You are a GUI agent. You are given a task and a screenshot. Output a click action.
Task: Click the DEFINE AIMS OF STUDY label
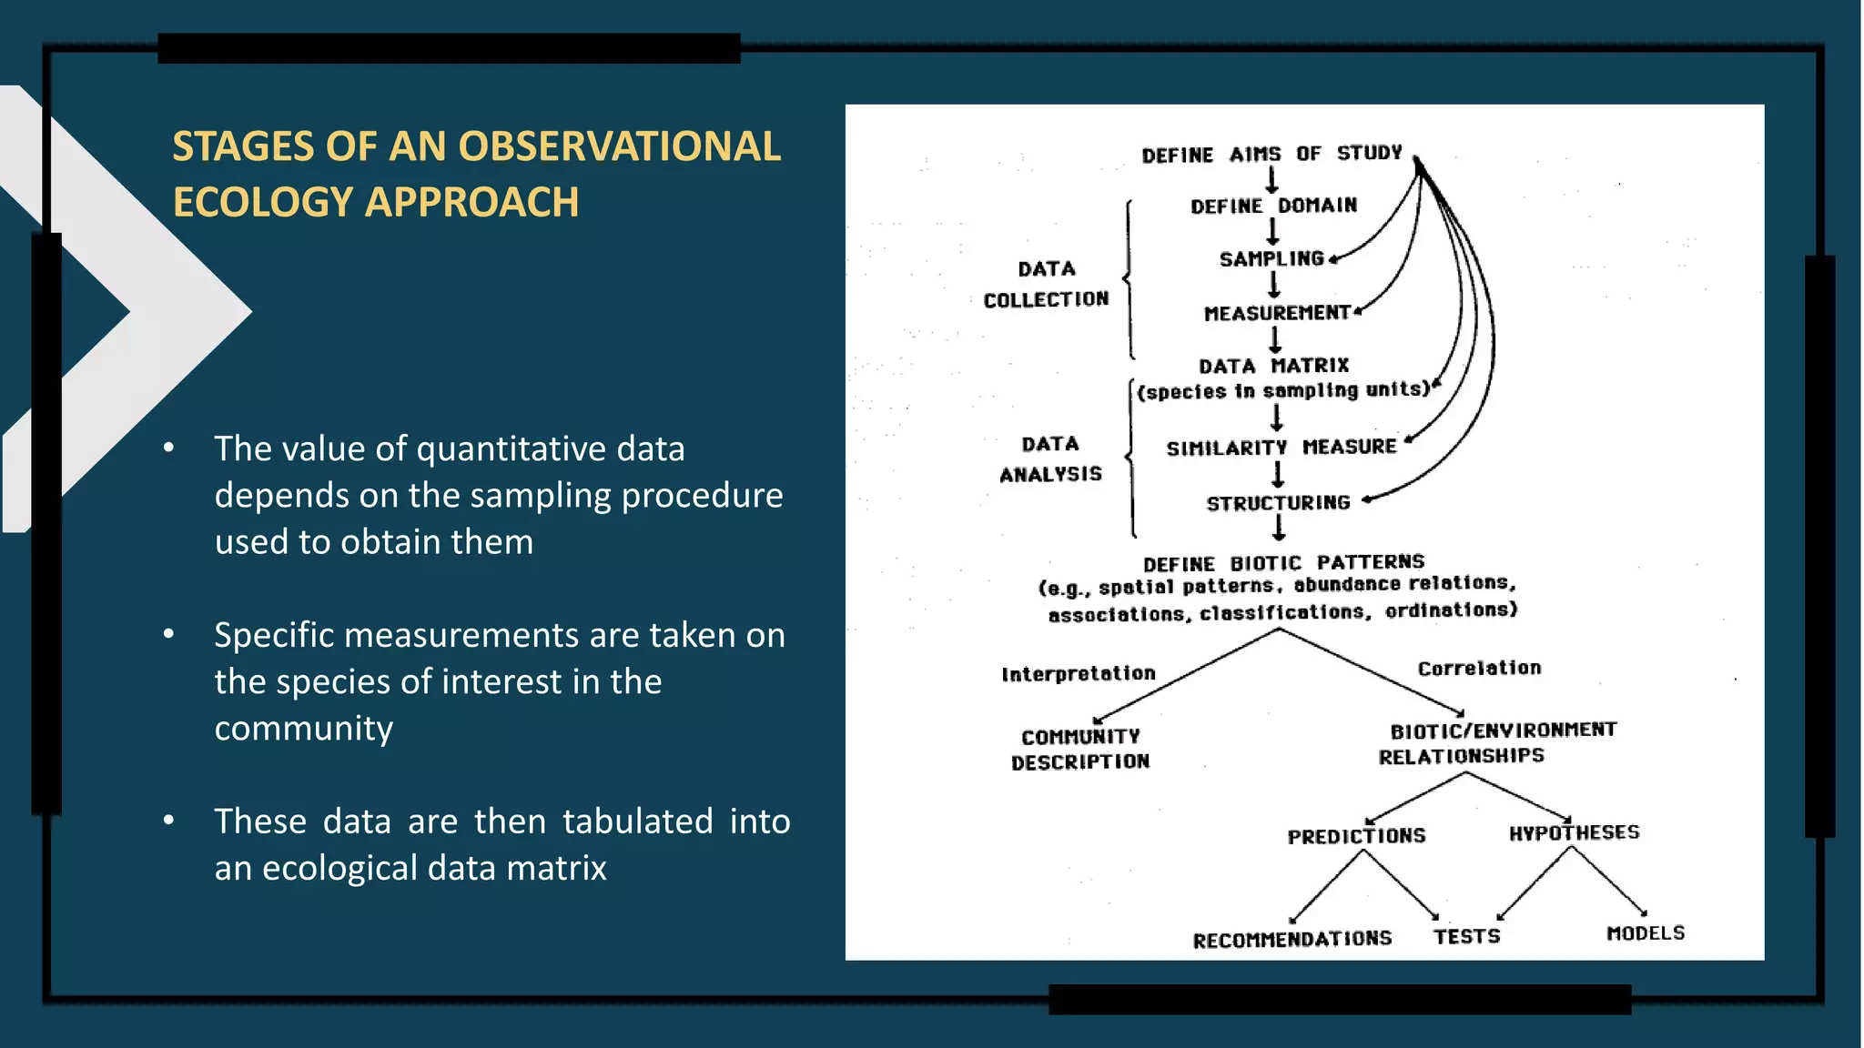1271,154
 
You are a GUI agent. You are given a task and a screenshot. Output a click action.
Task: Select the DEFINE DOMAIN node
1273,207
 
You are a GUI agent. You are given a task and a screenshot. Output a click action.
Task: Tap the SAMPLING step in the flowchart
1271,259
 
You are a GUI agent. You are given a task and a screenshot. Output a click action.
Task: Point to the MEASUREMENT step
1277,313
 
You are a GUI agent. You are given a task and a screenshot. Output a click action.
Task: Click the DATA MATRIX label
1273,366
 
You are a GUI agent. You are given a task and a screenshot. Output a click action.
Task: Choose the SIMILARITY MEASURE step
1281,448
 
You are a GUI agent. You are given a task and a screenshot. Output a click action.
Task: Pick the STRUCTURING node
1278,503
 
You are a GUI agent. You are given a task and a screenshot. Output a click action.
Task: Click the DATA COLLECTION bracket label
1046,284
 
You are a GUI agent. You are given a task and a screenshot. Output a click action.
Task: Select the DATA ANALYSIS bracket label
1050,458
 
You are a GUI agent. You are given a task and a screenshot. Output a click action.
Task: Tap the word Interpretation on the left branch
1078,674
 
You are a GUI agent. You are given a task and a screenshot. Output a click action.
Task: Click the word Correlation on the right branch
1479,669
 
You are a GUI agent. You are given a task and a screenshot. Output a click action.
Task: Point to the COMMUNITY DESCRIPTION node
1080,749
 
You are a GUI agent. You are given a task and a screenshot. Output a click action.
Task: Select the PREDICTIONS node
1356,836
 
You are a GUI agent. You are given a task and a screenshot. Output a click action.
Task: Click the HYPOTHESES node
1574,833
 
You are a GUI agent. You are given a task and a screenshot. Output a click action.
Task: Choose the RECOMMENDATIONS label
1292,939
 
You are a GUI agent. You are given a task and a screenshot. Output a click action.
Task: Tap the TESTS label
1466,937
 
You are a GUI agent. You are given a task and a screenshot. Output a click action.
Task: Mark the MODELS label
1645,933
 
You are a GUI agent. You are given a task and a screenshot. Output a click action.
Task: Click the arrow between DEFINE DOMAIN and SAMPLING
1272,233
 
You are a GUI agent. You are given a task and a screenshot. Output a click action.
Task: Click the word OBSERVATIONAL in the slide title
618,146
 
